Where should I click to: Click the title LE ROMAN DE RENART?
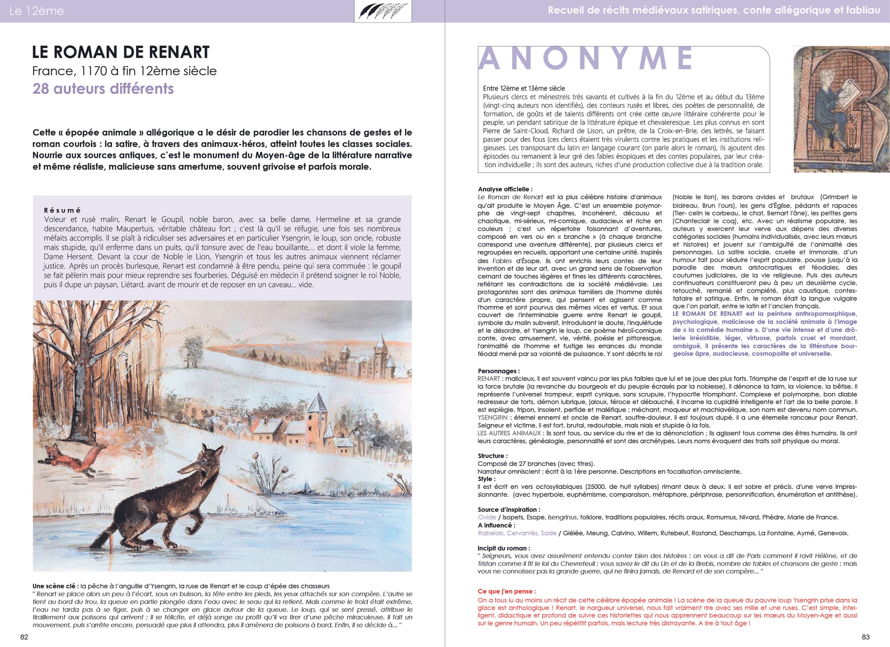121,52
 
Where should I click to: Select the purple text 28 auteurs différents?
103,89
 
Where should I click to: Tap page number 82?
24,637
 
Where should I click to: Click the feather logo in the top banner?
383,12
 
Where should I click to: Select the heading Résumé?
62,210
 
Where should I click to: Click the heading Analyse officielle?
505,189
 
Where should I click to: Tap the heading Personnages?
498,371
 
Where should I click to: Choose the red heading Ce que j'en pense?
507,591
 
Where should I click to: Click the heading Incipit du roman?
503,548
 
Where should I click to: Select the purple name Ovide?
487,517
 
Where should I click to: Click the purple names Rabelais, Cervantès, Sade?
517,533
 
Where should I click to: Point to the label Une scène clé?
55,586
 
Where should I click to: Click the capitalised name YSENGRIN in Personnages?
492,417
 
